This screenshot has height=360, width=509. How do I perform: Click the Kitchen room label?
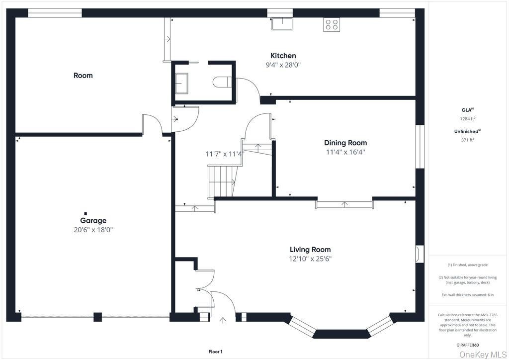point(283,56)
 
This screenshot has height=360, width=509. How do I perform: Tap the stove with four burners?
point(332,25)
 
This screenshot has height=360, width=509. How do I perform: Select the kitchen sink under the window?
point(282,24)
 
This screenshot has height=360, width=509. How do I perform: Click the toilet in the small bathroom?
point(222,82)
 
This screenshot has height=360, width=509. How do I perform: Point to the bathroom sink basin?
point(181,83)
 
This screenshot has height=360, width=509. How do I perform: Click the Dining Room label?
point(345,143)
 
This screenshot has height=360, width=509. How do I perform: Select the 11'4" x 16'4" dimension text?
point(345,152)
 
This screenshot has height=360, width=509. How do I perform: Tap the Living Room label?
point(310,249)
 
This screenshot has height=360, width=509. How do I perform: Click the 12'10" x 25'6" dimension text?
point(310,259)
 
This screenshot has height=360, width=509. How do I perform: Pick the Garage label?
point(93,220)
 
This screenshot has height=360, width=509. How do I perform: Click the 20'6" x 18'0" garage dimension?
point(93,230)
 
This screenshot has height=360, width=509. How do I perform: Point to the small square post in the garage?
point(85,213)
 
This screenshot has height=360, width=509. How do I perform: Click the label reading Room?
point(83,75)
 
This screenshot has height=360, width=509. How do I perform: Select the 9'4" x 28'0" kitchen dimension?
point(283,65)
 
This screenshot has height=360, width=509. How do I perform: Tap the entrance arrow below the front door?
point(223,320)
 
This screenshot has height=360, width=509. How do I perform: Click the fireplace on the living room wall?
point(420,253)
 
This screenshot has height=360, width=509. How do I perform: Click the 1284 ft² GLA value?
point(467,118)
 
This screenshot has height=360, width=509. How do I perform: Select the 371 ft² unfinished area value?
point(467,140)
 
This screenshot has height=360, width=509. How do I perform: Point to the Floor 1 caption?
point(215,352)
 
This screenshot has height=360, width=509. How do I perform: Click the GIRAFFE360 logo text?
point(467,345)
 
